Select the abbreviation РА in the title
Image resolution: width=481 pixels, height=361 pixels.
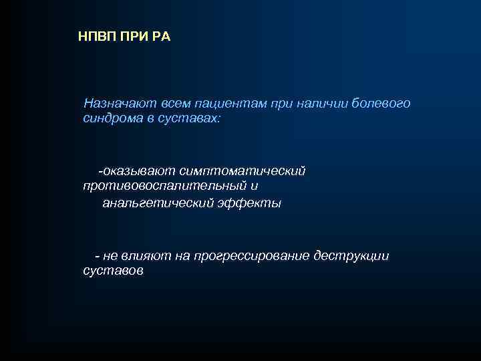162,36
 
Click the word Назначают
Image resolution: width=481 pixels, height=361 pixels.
118,104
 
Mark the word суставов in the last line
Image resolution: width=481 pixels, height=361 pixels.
112,271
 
